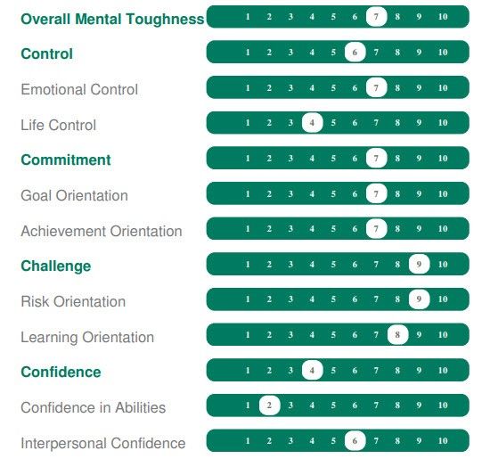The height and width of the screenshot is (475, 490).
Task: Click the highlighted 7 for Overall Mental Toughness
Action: pos(376,17)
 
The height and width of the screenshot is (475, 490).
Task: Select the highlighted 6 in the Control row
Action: pos(355,52)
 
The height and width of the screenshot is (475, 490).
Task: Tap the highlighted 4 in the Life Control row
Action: pos(312,122)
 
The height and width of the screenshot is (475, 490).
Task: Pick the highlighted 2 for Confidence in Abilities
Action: pos(269,405)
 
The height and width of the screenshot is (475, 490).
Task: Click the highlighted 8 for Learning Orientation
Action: pos(397,335)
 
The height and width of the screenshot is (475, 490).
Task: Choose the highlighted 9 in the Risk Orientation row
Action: pos(419,299)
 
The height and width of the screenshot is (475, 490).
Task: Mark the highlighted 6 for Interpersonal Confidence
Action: pos(355,440)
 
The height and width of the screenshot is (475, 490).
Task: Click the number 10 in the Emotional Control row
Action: pos(443,88)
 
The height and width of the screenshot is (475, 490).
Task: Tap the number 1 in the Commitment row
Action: pos(248,159)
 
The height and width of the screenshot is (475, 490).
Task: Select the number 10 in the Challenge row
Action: pos(443,265)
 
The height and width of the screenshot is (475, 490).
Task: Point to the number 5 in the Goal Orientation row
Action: pos(333,193)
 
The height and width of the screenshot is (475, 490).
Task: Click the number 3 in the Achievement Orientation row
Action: pos(290,229)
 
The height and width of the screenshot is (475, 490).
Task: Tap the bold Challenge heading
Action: pos(56,266)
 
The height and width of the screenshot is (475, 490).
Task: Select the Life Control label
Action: pos(59,125)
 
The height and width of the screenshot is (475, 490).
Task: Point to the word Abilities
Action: pos(140,407)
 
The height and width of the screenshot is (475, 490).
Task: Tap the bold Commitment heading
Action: pos(66,160)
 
